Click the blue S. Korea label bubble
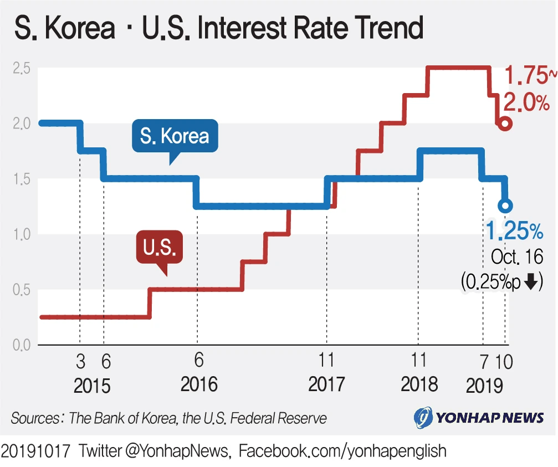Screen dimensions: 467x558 [175, 136]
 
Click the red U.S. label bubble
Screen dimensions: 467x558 [159, 247]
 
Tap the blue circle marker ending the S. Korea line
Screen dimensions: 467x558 [505, 206]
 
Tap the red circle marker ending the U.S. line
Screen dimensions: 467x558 [504, 124]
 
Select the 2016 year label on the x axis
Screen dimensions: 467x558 [199, 384]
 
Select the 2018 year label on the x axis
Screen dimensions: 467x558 [419, 384]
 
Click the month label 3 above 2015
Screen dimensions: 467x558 [80, 362]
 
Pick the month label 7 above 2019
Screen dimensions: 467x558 [484, 362]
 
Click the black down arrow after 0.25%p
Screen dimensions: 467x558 [530, 282]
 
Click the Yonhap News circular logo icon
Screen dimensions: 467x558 [424, 417]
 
